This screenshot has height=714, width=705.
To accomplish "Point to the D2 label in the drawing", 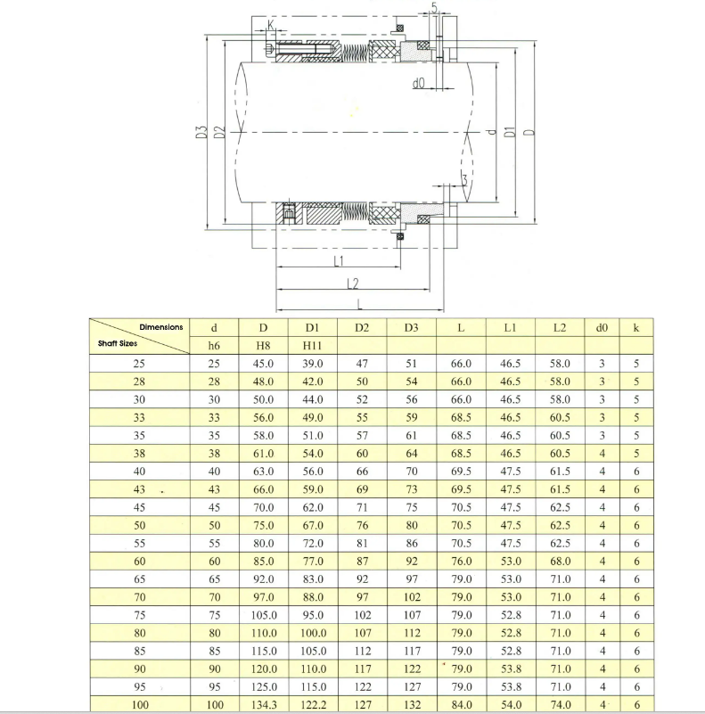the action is tap(219, 133).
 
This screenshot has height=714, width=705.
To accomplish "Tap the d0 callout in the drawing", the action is tap(418, 83).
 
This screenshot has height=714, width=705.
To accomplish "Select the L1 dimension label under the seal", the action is tap(339, 261).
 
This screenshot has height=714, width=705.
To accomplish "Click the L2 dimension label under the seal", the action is tap(353, 283).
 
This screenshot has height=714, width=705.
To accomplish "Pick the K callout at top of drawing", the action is tap(271, 24).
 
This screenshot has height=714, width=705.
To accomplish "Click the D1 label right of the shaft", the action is tap(510, 132).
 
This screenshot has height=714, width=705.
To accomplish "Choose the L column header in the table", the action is tap(461, 328).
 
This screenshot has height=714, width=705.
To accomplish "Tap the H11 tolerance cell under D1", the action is tap(312, 346).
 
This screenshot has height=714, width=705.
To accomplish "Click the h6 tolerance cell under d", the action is tap(214, 346).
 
